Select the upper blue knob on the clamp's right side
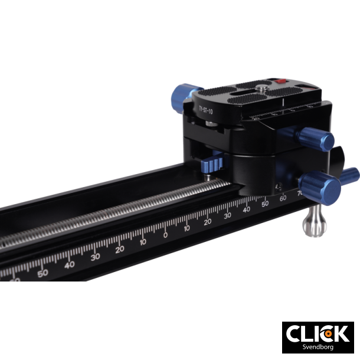pyautogui.click(x=322, y=140)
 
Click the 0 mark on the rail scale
pyautogui.click(x=165, y=234)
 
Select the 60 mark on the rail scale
pyautogui.click(x=283, y=198)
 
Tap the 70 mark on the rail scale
pyautogui.click(x=300, y=193)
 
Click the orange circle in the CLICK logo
pyautogui.click(x=325, y=333)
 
